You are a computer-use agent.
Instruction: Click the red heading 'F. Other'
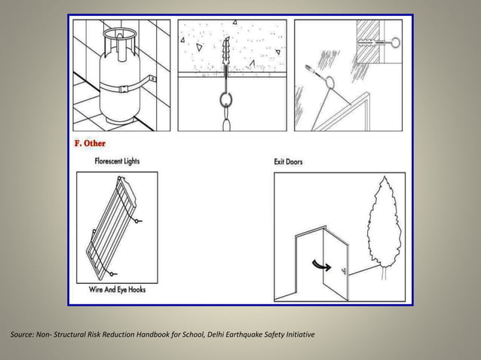[90, 143]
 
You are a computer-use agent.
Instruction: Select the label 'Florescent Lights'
[117, 161]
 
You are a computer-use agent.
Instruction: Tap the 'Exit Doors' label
[289, 161]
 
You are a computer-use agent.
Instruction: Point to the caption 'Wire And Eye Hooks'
[117, 289]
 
